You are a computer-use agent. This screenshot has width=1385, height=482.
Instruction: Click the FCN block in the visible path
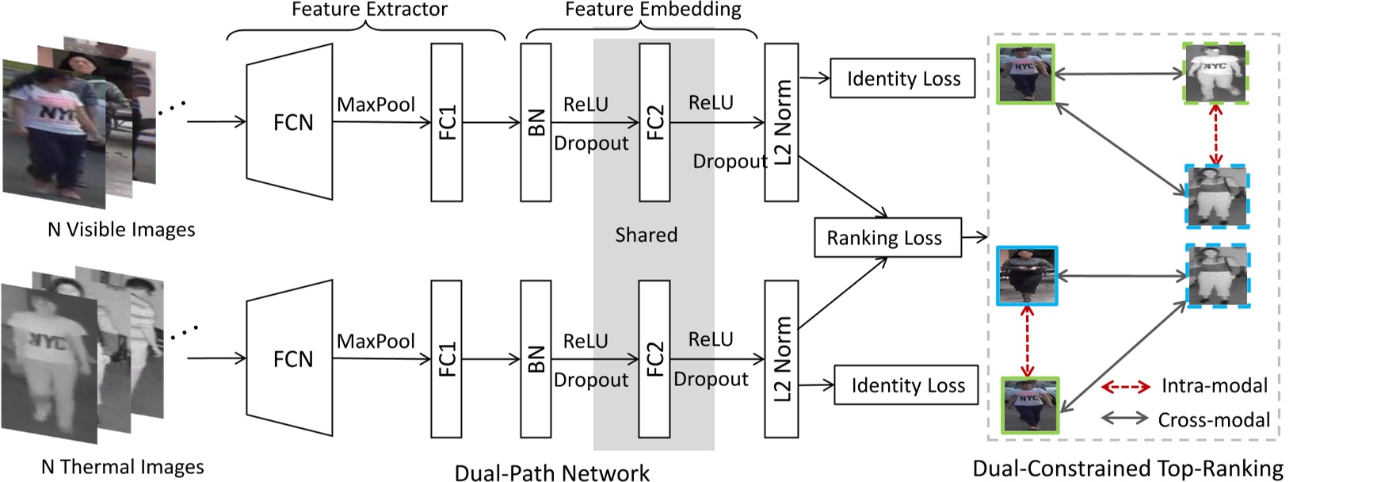290,122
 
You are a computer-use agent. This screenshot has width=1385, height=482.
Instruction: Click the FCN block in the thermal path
290,358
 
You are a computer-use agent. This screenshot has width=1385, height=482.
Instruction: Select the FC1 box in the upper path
446,122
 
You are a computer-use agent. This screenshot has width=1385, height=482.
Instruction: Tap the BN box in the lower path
536,358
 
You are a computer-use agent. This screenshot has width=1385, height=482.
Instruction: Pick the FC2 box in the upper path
654,122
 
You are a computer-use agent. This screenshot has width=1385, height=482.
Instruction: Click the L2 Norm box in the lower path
781,358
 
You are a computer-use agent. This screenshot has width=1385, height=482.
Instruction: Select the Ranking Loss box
887,238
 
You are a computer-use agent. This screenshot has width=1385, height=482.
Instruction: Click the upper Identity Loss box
902,78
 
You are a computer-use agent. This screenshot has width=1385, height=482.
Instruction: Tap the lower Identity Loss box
907,385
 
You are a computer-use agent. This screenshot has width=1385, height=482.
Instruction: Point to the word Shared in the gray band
646,235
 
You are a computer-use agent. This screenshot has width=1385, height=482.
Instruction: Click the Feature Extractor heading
369,10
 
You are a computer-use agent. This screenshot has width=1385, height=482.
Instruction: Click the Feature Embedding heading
653,10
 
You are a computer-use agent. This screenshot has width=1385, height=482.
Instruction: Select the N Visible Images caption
121,230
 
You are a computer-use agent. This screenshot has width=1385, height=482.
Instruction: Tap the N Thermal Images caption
123,467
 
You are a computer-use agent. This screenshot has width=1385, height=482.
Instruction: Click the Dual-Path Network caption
551,472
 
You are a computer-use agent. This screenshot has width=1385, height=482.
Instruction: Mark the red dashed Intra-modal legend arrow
1125,387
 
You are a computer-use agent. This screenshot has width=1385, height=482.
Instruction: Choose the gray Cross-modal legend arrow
1124,419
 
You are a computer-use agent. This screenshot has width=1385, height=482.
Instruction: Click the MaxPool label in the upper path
376,105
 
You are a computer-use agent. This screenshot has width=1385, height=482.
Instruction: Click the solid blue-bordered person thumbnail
1027,276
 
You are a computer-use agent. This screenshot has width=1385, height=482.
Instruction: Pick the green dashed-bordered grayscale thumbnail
1215,73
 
